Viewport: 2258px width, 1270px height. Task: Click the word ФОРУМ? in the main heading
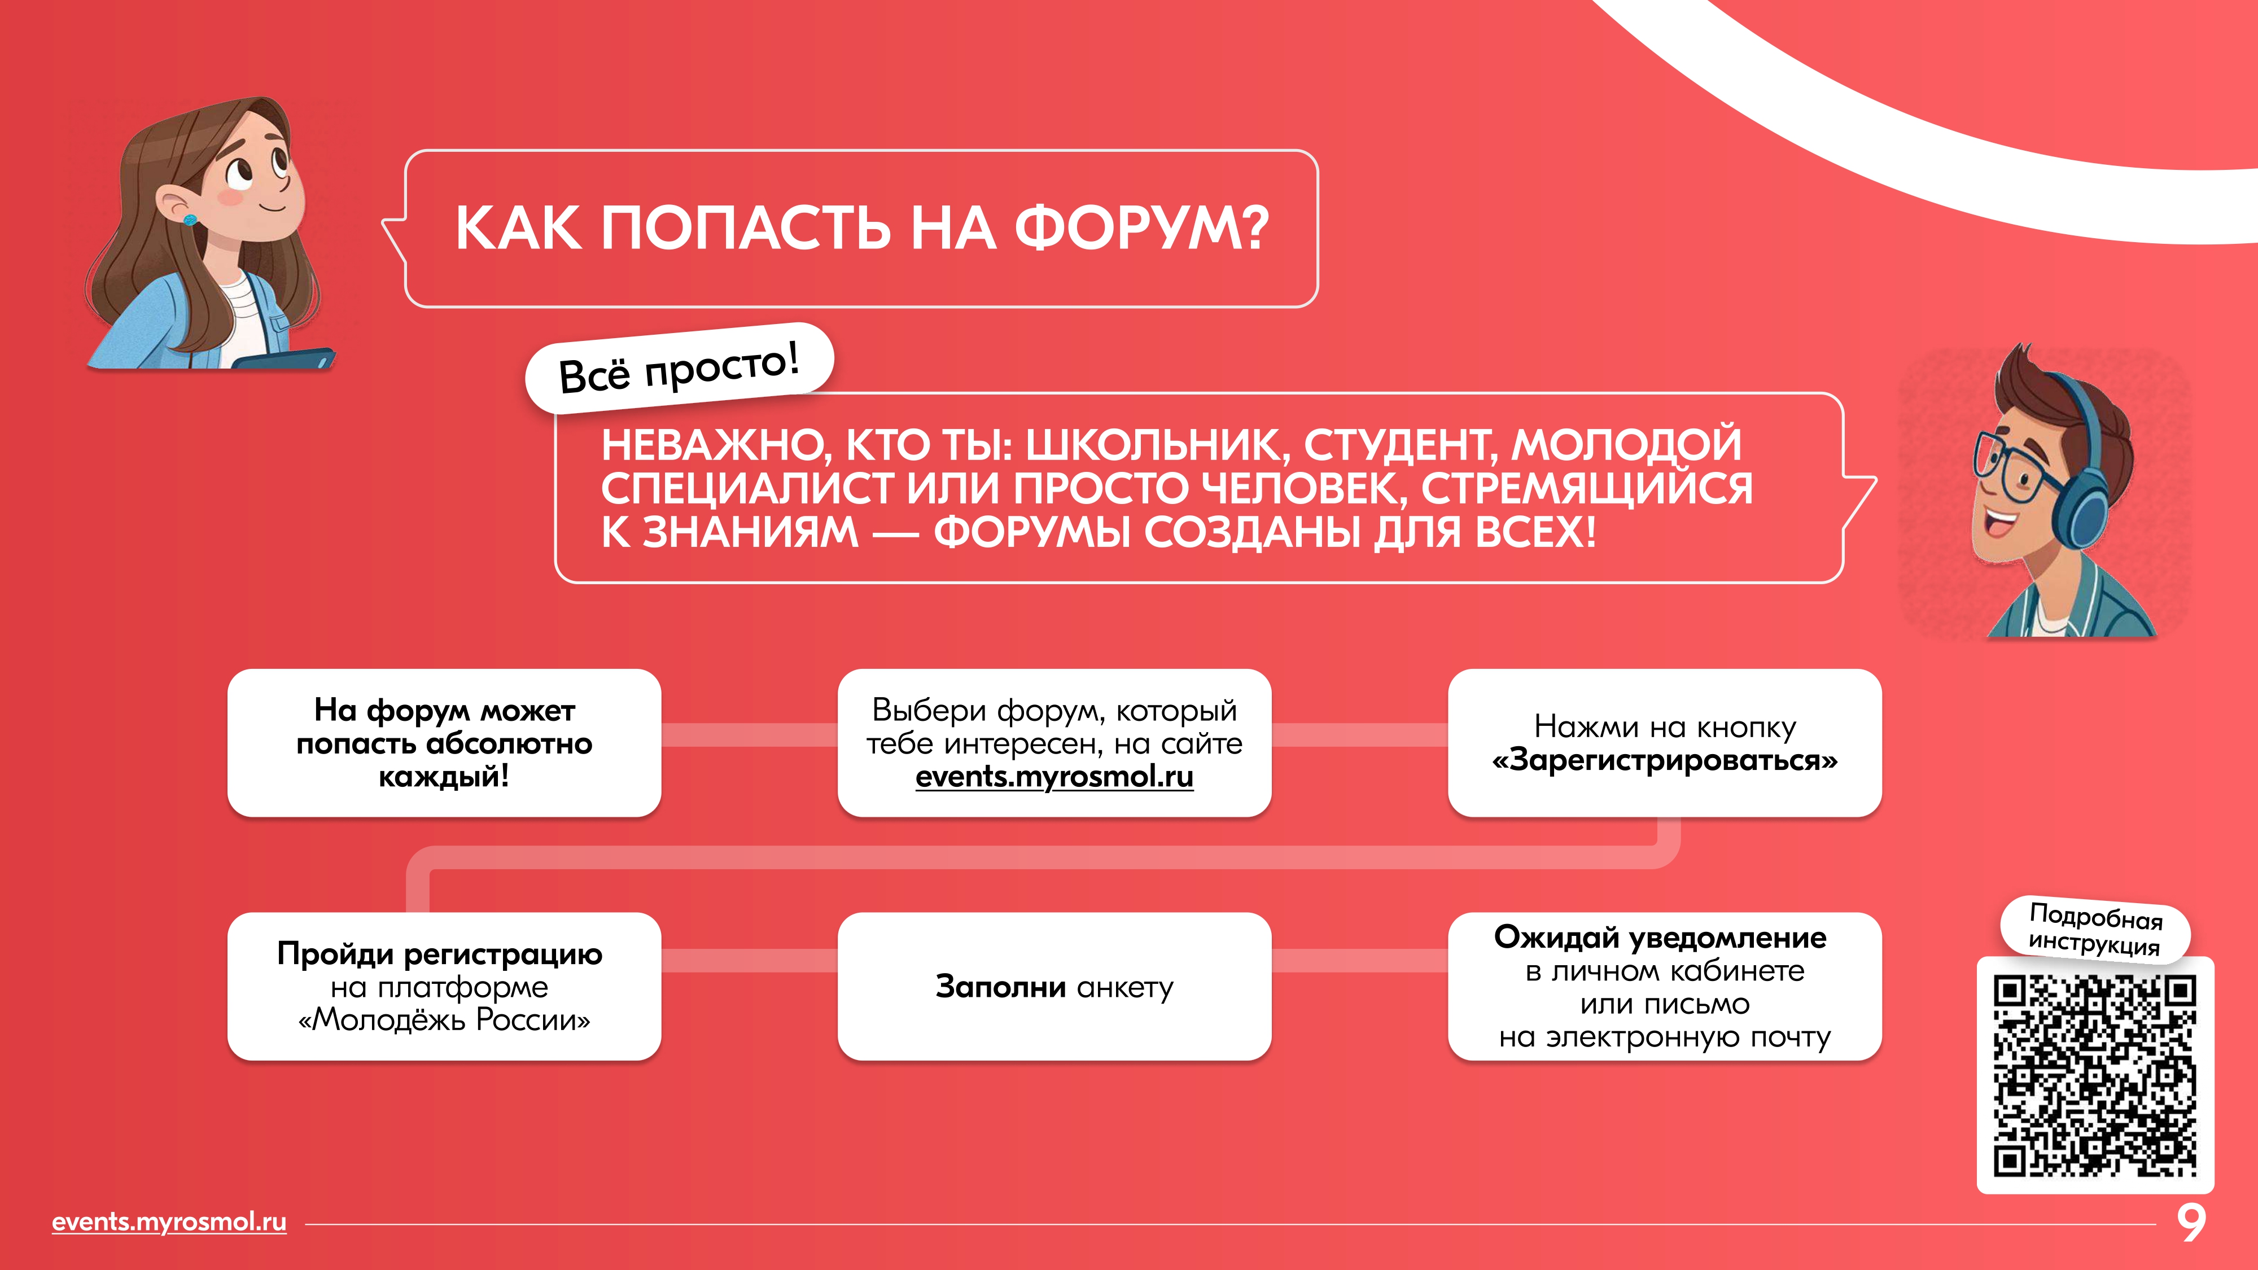(1141, 229)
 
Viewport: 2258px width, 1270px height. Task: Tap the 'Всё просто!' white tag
(679, 368)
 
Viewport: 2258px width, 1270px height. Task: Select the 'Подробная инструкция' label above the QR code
(2095, 929)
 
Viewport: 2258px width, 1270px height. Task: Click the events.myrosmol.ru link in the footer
(169, 1222)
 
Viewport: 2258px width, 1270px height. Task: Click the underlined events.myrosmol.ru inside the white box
(1054, 777)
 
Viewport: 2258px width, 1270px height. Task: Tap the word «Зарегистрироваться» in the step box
(1665, 760)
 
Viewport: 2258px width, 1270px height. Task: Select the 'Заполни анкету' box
(1054, 987)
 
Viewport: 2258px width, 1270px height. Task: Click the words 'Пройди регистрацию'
(440, 953)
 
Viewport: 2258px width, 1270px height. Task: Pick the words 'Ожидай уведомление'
(1660, 937)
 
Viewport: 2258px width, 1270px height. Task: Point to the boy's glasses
(2007, 469)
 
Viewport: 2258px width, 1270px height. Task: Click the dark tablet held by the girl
(285, 360)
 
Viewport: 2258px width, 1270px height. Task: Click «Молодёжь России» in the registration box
(444, 1020)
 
